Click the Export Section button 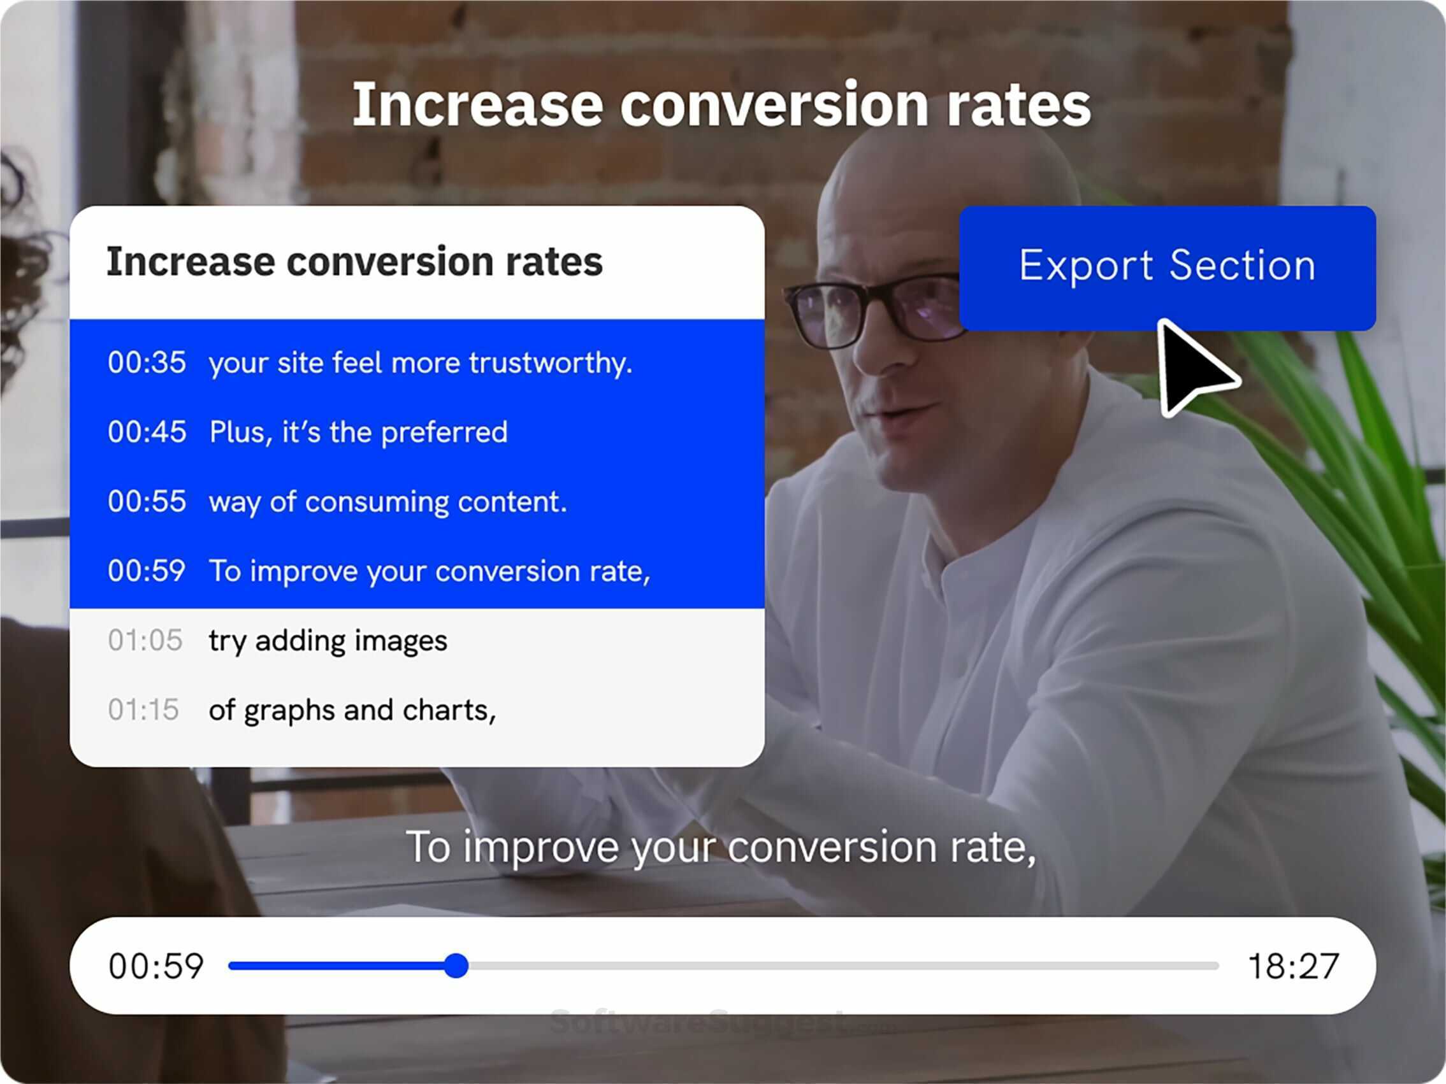(1167, 267)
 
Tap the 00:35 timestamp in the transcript (147, 362)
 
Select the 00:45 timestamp (147, 432)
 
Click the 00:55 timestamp (147, 501)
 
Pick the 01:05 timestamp (145, 640)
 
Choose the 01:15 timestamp (144, 710)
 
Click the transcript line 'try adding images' (328, 641)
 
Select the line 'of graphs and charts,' (352, 710)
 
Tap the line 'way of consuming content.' (387, 502)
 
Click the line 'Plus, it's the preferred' (358, 432)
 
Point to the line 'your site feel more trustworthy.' (421, 363)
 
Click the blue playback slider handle (456, 965)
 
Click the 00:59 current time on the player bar (156, 966)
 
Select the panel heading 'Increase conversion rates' (354, 262)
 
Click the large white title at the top (721, 104)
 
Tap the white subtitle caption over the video (721, 847)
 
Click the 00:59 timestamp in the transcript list (147, 571)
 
